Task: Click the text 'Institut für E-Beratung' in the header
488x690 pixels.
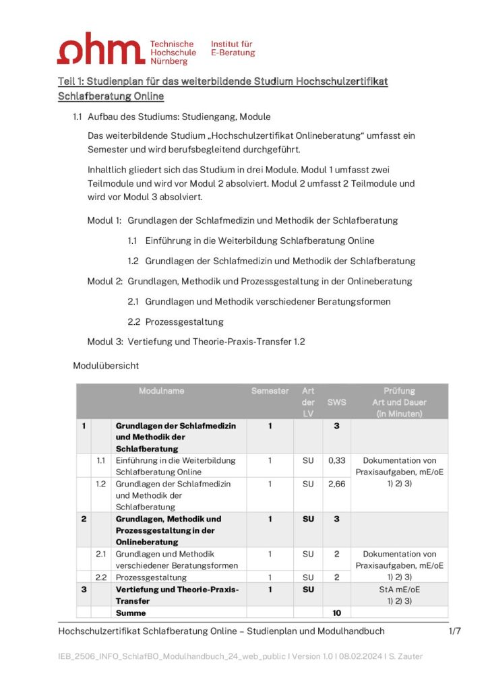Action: [233, 48]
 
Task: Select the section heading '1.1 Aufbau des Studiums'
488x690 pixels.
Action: [171, 117]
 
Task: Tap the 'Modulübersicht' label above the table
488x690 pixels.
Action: [106, 366]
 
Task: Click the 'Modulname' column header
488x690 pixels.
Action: [161, 391]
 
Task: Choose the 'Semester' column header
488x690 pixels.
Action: [270, 391]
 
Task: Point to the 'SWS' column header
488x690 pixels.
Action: [336, 402]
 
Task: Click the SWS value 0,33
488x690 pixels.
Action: [336, 461]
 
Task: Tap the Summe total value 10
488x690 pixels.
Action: [336, 613]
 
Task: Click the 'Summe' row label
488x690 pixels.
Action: [131, 613]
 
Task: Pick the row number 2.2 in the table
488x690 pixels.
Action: [102, 577]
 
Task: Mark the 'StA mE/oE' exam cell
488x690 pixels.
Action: [399, 589]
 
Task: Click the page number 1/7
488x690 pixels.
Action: [454, 631]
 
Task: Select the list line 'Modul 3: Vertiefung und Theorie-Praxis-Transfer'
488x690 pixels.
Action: [196, 342]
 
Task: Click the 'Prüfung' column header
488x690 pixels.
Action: [399, 391]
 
